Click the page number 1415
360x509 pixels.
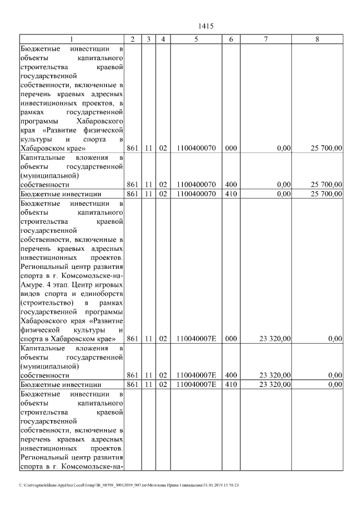206,26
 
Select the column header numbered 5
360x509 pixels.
196,39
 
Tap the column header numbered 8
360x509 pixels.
318,39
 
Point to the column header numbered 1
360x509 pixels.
71,39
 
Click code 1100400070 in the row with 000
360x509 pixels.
196,148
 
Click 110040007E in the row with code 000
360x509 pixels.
196,339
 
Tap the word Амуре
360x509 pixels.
32,285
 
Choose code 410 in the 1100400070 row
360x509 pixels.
231,194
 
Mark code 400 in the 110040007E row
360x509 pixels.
231,375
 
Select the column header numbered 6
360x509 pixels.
231,39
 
